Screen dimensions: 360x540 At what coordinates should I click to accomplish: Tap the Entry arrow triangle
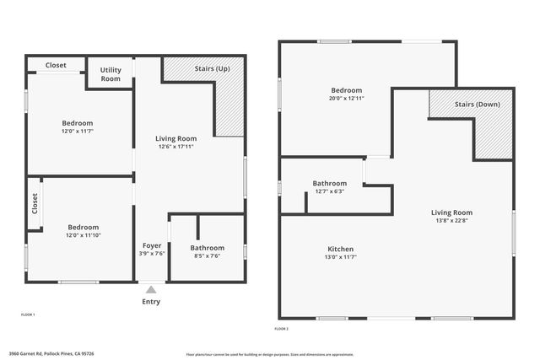[152, 290]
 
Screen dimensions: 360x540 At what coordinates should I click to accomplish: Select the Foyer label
[152, 245]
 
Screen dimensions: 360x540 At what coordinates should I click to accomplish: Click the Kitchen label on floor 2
[341, 249]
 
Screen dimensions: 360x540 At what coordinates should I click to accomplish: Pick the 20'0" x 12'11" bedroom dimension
[346, 99]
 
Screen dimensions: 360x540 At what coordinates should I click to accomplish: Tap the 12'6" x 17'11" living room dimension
[175, 147]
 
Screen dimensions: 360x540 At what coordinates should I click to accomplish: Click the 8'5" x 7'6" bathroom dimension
[207, 256]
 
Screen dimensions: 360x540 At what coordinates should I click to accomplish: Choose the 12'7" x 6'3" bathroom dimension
[329, 191]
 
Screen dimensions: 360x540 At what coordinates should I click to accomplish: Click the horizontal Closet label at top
[56, 65]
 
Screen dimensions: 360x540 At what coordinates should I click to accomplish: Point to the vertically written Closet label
[35, 204]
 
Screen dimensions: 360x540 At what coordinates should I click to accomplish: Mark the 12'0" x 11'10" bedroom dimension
[84, 235]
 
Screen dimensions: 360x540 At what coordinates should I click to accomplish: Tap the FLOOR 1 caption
[28, 314]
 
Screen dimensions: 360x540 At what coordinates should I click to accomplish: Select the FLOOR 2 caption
[282, 329]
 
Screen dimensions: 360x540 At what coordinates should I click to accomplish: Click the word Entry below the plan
[151, 302]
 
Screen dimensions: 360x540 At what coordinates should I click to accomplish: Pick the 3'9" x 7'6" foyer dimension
[152, 254]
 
